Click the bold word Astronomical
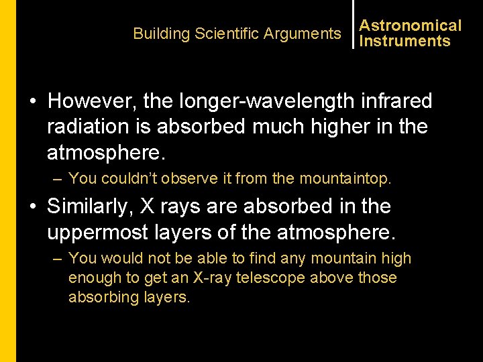[x=411, y=25]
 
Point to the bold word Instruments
[x=405, y=41]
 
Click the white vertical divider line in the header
[x=354, y=24]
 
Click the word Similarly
[x=90, y=206]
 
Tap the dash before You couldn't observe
[x=58, y=178]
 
